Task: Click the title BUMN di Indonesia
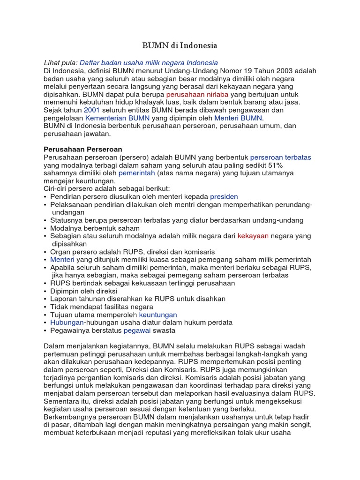[180, 46]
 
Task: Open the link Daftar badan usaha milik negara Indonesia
[149, 63]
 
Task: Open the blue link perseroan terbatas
[280, 157]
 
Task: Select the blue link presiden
[224, 197]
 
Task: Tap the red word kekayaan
[253, 236]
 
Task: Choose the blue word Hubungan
[67, 323]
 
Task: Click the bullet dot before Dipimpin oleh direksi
[45, 292]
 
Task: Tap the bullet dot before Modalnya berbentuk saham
[45, 228]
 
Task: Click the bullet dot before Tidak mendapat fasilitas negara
[45, 307]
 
